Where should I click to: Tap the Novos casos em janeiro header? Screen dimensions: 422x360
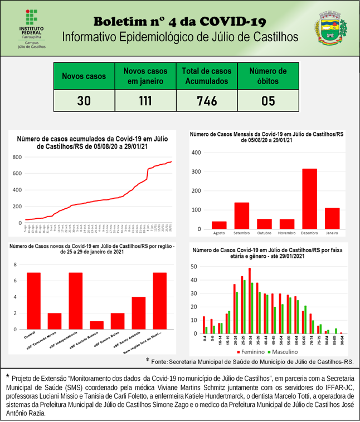(145, 76)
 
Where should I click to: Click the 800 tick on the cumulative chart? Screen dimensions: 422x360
(17, 158)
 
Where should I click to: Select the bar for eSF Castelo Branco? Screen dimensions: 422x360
(96, 325)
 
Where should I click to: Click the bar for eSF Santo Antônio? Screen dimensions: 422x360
(139, 313)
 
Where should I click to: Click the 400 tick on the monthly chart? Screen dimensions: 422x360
(195, 153)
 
